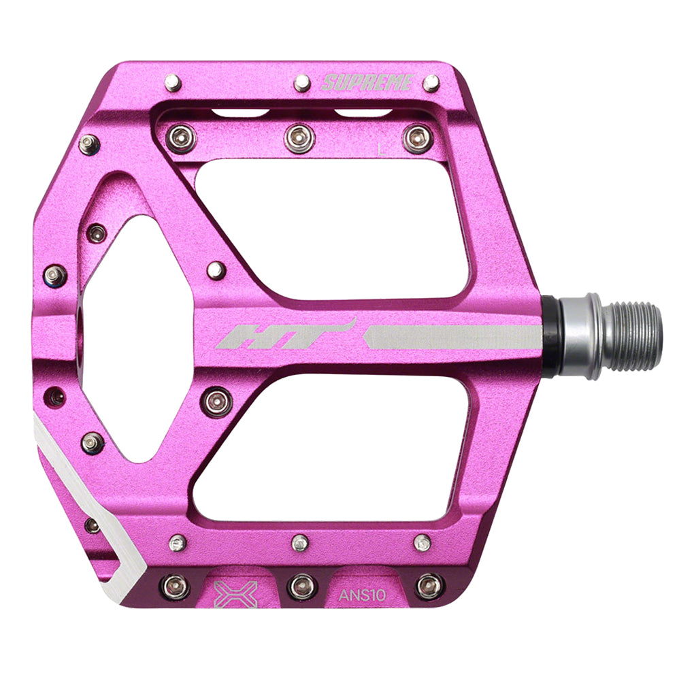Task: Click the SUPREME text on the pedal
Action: click(367, 83)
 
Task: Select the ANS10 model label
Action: click(363, 595)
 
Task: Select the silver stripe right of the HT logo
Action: click(452, 337)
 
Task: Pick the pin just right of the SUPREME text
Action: click(431, 83)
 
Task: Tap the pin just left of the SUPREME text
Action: click(302, 83)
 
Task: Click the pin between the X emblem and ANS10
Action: click(301, 586)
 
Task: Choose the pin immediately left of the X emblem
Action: click(174, 586)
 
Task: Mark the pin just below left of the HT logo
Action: click(216, 401)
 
